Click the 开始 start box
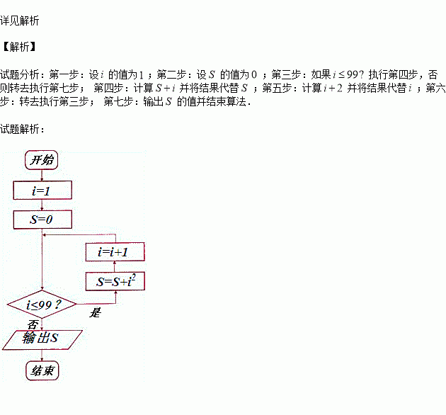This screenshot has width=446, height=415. point(42,160)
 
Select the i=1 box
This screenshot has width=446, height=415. point(42,191)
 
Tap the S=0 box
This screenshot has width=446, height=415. point(42,220)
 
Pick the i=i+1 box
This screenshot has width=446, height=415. point(115,251)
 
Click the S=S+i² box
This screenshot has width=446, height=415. point(115,282)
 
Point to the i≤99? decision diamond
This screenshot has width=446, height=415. point(42,306)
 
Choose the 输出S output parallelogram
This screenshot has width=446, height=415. point(42,340)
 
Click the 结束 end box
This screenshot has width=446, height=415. point(42,370)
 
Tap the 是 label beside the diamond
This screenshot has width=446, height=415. point(96,312)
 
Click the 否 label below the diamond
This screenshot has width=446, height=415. point(32,325)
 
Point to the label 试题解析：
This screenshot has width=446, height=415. point(23,129)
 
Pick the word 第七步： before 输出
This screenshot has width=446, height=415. point(122,101)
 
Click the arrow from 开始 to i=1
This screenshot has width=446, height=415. point(42,175)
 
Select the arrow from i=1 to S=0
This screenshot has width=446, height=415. point(42,205)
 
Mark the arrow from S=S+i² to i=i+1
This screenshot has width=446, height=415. point(115,267)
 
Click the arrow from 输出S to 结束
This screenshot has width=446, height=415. point(42,356)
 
